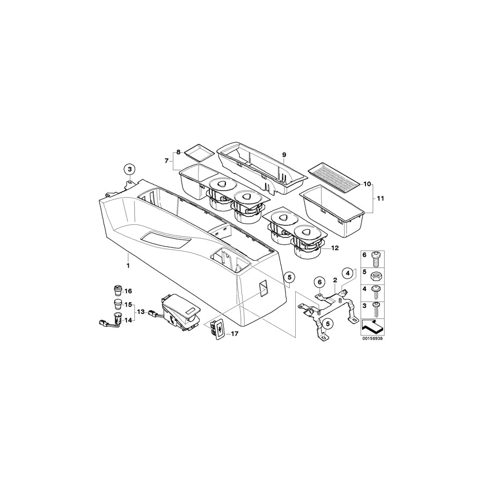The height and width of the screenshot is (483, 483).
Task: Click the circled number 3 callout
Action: click(x=130, y=169)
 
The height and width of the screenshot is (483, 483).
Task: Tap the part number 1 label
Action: click(x=128, y=266)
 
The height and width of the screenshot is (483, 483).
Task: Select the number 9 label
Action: click(x=284, y=155)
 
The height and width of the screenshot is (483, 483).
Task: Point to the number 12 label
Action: click(x=335, y=247)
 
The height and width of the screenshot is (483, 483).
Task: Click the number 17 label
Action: click(x=235, y=334)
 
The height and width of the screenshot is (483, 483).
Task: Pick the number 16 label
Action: click(x=128, y=291)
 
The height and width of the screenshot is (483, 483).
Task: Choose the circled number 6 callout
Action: click(x=319, y=282)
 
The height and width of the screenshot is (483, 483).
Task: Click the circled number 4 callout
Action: click(x=347, y=273)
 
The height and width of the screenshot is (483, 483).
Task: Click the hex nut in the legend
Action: click(x=376, y=275)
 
